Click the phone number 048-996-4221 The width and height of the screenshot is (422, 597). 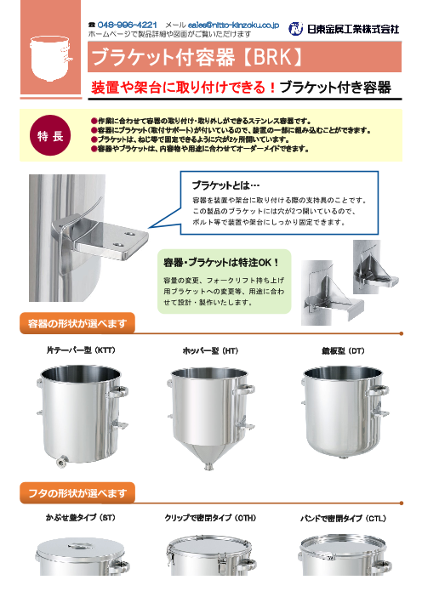[x=128, y=26]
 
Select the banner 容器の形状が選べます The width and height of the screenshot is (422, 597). [x=77, y=322]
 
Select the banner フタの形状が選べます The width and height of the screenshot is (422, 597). [x=77, y=492]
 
